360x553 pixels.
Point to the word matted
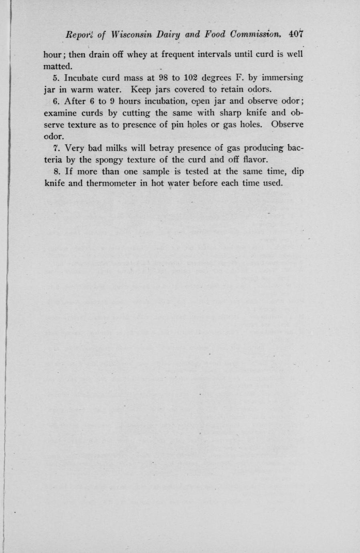coord(58,65)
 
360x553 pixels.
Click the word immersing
coord(283,77)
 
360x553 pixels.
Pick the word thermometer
coord(118,183)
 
